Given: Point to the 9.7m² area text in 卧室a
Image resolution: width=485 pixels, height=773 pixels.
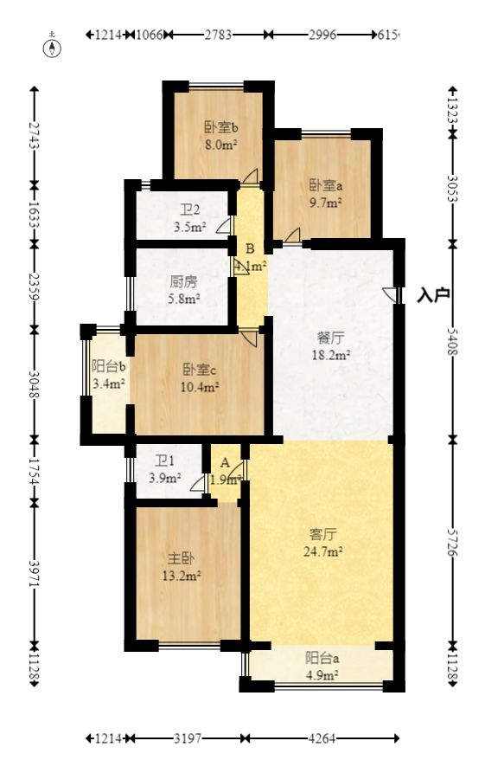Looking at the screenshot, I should point(326,202).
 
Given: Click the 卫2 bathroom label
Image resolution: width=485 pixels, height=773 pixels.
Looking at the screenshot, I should point(189,209).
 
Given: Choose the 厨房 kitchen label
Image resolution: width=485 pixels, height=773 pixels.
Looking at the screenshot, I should point(183,282).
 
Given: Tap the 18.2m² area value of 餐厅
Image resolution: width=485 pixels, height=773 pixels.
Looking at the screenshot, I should point(330,355).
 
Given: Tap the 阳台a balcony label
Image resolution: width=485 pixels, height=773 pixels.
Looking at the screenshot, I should point(321,657).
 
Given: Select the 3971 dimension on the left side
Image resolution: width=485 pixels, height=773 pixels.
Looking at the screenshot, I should point(35,572).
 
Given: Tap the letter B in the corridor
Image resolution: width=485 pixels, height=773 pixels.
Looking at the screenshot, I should point(250,249).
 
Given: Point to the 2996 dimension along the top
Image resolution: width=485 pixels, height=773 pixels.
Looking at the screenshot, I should point(322,35).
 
